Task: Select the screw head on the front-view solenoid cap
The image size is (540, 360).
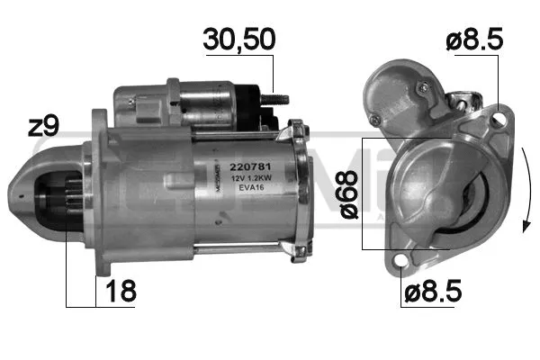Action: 422,87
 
